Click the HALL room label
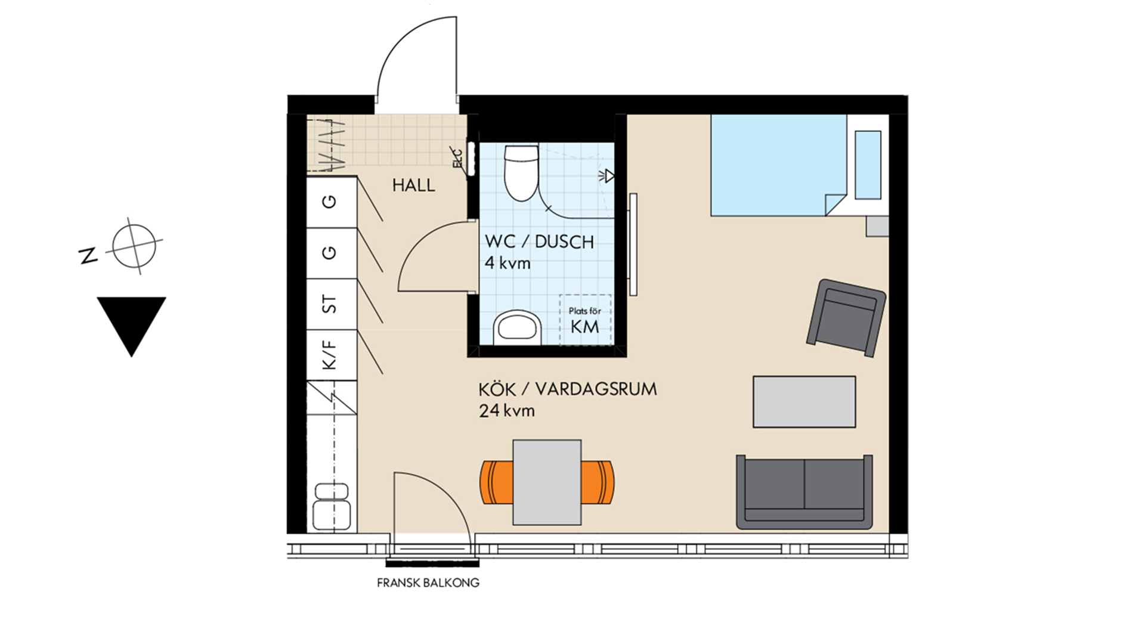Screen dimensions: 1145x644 click(x=413, y=185)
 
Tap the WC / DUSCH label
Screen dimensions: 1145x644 click(x=539, y=241)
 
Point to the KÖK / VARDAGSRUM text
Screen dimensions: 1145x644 click(x=567, y=389)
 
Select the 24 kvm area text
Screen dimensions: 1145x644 click(x=506, y=411)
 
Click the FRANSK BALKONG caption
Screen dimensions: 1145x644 click(x=428, y=583)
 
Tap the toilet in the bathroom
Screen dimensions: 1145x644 click(x=521, y=173)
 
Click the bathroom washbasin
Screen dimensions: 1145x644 click(x=517, y=327)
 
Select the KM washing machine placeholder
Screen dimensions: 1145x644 click(x=585, y=320)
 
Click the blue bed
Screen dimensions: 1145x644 click(x=778, y=165)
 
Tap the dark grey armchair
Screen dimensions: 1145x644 click(x=846, y=318)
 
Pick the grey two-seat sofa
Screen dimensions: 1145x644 click(x=804, y=492)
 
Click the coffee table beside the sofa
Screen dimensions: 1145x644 click(x=804, y=401)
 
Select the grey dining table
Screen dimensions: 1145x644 click(x=547, y=482)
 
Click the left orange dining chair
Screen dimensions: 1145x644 click(x=497, y=482)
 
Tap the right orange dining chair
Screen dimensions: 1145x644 click(x=598, y=482)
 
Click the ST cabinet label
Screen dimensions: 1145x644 click(x=329, y=304)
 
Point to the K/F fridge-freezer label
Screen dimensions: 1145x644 click(x=329, y=355)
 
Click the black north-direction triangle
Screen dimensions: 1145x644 click(x=132, y=322)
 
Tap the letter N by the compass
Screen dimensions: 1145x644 click(x=88, y=255)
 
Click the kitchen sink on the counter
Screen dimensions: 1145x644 click(x=332, y=507)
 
